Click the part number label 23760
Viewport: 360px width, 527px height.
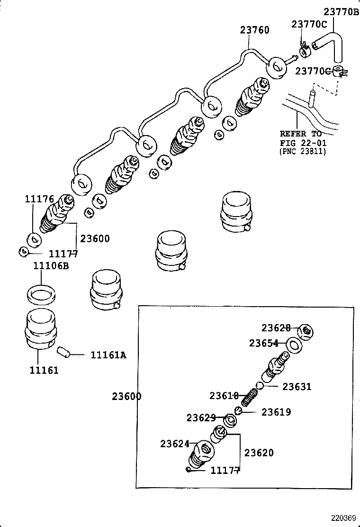pyautogui.click(x=254, y=30)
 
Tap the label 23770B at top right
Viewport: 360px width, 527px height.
pyautogui.click(x=341, y=12)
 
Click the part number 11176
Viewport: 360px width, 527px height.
pyautogui.click(x=39, y=199)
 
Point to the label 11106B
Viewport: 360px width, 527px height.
pyautogui.click(x=51, y=265)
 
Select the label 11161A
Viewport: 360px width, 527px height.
pyautogui.click(x=108, y=354)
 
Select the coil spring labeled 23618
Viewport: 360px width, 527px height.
pyautogui.click(x=248, y=397)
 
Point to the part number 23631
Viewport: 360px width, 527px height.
pyautogui.click(x=297, y=387)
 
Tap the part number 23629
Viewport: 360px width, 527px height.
pyautogui.click(x=201, y=418)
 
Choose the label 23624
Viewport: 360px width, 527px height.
pyautogui.click(x=175, y=444)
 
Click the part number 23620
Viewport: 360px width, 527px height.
pyautogui.click(x=259, y=453)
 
